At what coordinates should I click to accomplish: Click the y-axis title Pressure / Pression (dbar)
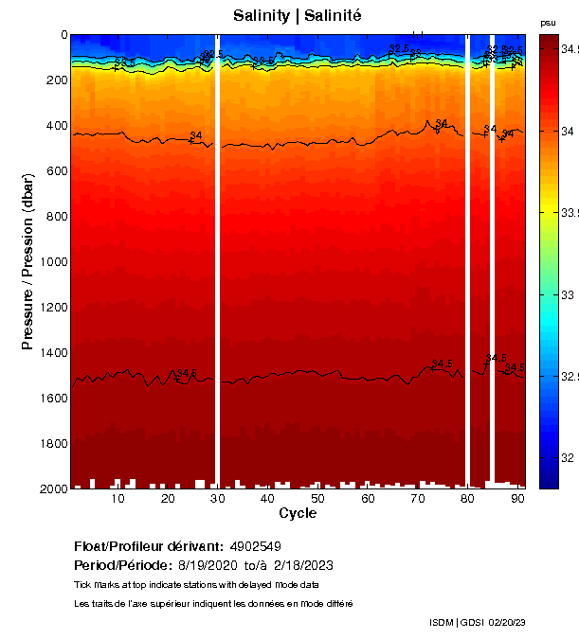tap(27, 262)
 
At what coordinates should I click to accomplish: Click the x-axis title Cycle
tap(298, 513)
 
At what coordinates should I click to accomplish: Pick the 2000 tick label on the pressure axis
tap(54, 489)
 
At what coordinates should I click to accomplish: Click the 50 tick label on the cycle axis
tap(317, 499)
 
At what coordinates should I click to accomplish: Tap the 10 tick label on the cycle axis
tap(118, 499)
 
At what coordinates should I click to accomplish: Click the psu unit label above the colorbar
tap(548, 22)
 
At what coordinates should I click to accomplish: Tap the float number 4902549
tap(254, 546)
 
